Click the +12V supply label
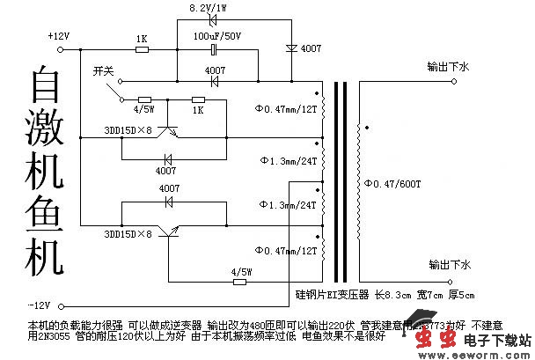point(59,35)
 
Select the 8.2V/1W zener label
point(210,8)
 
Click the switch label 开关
point(104,70)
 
